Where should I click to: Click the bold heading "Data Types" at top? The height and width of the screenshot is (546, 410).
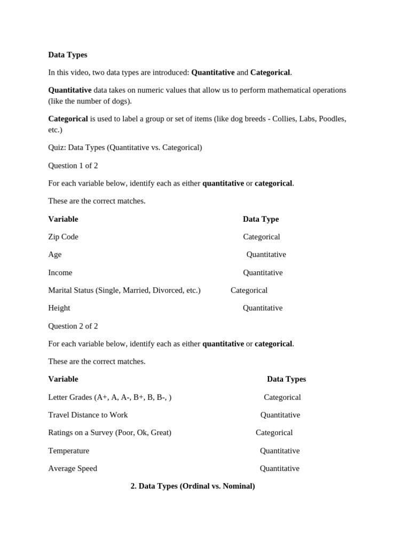coord(67,55)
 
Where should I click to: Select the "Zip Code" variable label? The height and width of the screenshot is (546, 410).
coord(63,237)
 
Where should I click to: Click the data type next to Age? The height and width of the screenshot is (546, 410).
coord(266,254)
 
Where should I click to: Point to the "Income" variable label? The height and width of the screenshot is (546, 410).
coord(60,272)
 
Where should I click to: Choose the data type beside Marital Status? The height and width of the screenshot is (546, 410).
coord(249,290)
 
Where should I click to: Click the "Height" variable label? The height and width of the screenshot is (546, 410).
coord(59,308)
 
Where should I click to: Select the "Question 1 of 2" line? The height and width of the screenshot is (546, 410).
coord(73,165)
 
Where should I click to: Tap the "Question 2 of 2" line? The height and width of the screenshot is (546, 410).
coord(73,326)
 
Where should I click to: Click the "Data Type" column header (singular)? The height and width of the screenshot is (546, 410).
coord(261,219)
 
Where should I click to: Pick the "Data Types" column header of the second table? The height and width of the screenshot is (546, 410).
coord(286,379)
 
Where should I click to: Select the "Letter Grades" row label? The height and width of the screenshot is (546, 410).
coord(109,397)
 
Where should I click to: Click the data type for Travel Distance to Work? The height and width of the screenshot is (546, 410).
coord(280,415)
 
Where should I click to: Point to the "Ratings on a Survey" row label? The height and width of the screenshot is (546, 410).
coord(109,432)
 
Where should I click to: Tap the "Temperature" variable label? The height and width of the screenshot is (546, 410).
coord(68,451)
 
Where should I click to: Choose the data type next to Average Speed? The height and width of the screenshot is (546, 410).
coord(279,468)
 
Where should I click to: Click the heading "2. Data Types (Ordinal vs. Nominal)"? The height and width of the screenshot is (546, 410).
coord(193,486)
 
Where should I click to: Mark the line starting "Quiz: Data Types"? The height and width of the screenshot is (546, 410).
coord(125,147)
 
